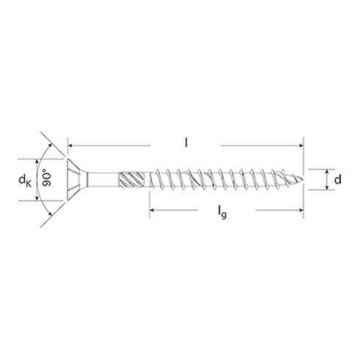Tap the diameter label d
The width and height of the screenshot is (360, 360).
(336, 179)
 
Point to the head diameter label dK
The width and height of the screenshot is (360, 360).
(25, 179)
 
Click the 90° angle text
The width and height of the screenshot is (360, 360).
(46, 179)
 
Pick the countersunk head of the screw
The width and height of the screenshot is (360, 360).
(76, 179)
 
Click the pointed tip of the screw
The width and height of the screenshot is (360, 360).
(300, 179)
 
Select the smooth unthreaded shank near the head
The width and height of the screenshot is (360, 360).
(103, 179)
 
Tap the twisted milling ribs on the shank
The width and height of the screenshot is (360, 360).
(132, 179)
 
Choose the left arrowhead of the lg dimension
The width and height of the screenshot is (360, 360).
(153, 212)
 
